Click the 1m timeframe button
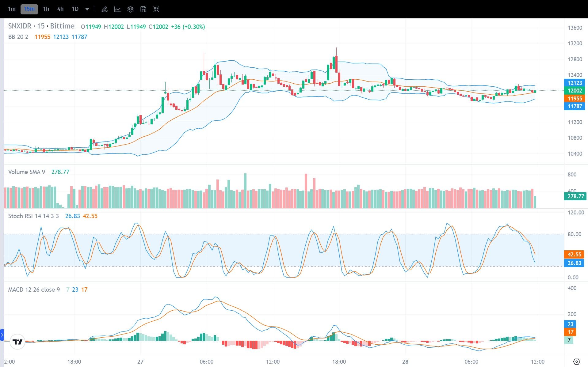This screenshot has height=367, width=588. tap(12, 9)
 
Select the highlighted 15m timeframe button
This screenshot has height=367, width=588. tap(29, 9)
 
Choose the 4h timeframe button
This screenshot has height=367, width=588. tap(60, 9)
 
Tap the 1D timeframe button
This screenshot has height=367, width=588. tap(75, 9)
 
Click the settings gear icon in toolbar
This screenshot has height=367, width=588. tap(130, 9)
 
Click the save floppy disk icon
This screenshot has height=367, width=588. tap(143, 9)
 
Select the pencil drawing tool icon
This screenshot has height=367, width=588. tap(105, 9)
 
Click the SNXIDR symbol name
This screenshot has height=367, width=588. tap(20, 26)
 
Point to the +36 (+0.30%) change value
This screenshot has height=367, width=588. tap(188, 27)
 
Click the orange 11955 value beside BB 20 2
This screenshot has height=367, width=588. tap(42, 37)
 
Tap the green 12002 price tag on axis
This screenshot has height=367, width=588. tap(575, 91)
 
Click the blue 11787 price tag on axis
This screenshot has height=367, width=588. tap(575, 106)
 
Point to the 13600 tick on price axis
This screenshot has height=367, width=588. tap(575, 28)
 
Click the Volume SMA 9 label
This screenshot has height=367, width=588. tap(26, 172)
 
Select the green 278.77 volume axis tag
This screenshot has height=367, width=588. tap(575, 196)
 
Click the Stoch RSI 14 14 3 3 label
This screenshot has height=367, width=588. tap(33, 216)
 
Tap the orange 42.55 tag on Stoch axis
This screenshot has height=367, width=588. tap(574, 255)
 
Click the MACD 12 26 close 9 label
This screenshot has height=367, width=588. tap(34, 289)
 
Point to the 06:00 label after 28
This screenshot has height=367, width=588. tap(471, 361)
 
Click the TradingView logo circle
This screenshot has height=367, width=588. tap(17, 342)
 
